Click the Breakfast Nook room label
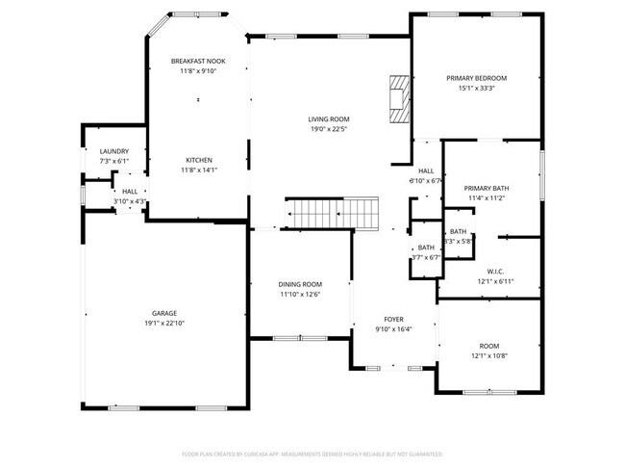pyautogui.click(x=197, y=61)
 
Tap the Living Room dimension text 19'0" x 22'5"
pyautogui.click(x=328, y=128)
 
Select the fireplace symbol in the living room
pyautogui.click(x=400, y=99)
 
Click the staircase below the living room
pyautogui.click(x=332, y=211)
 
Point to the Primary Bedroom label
pyautogui.click(x=476, y=78)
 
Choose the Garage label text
pyautogui.click(x=163, y=313)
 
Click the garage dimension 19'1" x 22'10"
pyautogui.click(x=163, y=324)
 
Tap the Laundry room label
pyautogui.click(x=113, y=151)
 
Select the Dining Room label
pyautogui.click(x=300, y=284)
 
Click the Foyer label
pyautogui.click(x=394, y=319)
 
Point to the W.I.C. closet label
pyautogui.click(x=496, y=271)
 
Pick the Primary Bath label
pyautogui.click(x=486, y=188)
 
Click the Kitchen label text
pyautogui.click(x=199, y=160)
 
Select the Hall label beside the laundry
pyautogui.click(x=129, y=192)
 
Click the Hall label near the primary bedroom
pyautogui.click(x=425, y=170)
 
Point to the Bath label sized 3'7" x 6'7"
pyautogui.click(x=425, y=248)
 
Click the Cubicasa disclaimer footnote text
pyautogui.click(x=312, y=454)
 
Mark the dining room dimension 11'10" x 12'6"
pyautogui.click(x=300, y=295)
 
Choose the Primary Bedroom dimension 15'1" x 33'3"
pyautogui.click(x=476, y=89)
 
